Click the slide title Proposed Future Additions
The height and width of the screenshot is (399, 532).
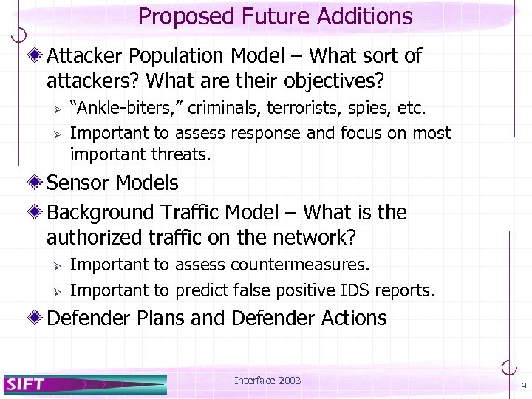[x=275, y=16]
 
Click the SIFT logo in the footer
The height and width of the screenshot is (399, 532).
[x=27, y=383]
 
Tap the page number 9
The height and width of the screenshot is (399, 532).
[x=523, y=386]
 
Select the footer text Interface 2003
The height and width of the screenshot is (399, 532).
[x=267, y=381]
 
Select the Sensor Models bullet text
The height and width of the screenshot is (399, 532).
[x=112, y=183]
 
